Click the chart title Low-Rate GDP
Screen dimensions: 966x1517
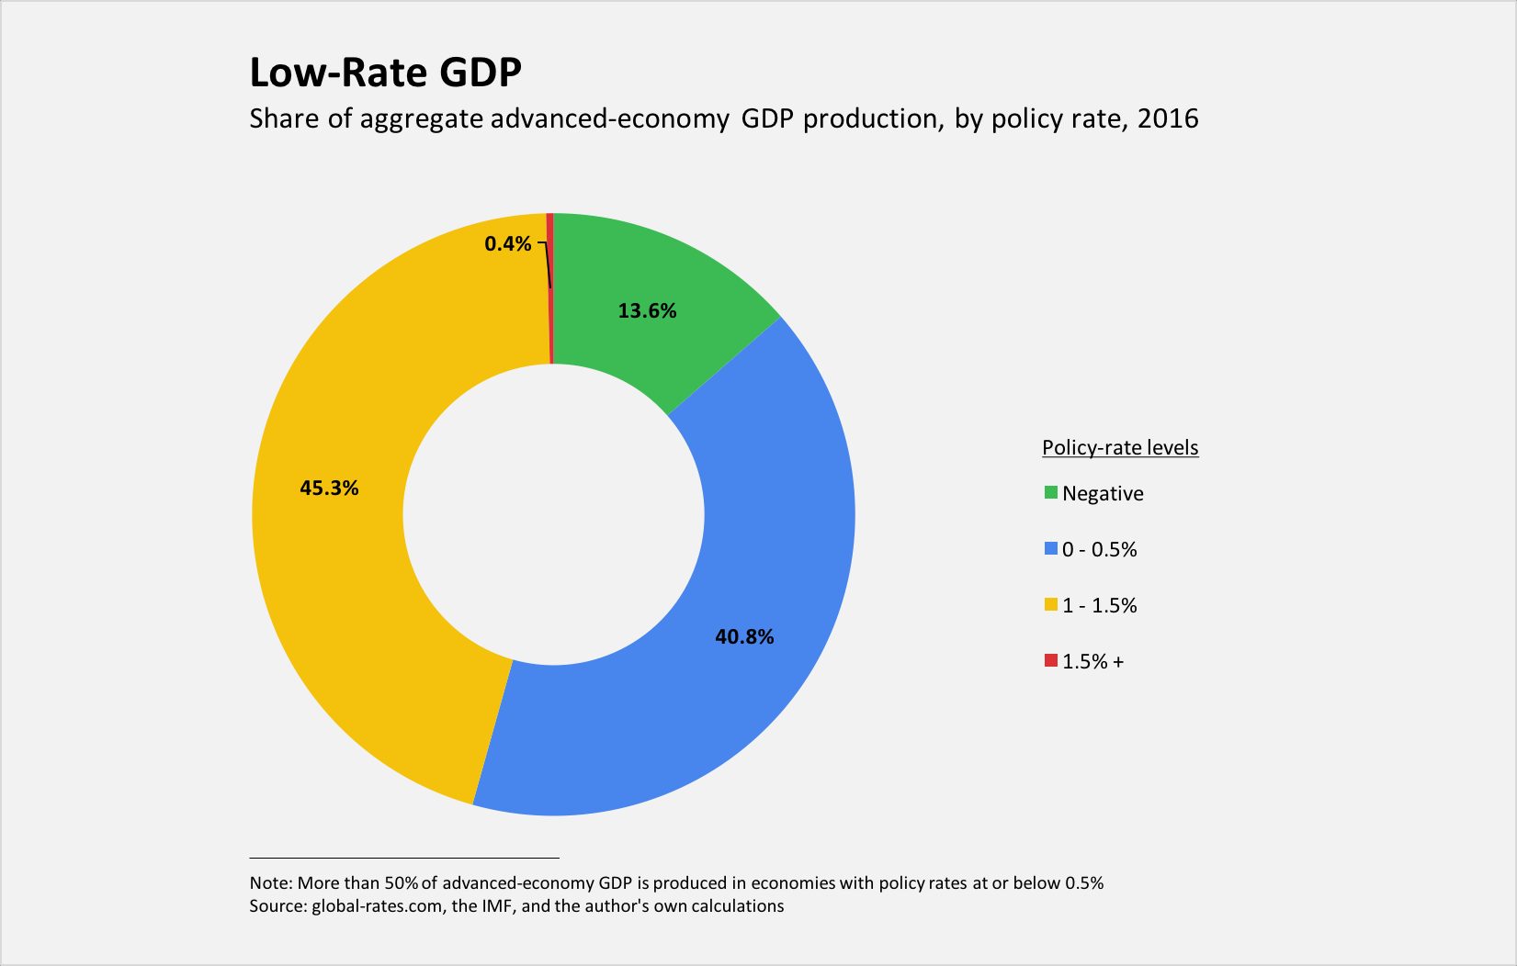click(385, 73)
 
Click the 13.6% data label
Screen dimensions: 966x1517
click(647, 311)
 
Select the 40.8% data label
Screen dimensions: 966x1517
click(744, 637)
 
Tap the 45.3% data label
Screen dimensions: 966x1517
click(329, 489)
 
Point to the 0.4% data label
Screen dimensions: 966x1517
click(508, 244)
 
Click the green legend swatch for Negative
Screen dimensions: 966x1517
click(1050, 493)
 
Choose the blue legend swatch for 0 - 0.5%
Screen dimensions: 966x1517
click(1050, 549)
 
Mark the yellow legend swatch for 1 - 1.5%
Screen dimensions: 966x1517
click(1050, 605)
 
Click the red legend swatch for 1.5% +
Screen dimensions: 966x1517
click(1050, 661)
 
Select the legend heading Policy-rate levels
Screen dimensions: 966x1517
click(1120, 448)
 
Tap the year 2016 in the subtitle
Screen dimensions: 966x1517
click(1168, 119)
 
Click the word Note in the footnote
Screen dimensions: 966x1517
click(268, 883)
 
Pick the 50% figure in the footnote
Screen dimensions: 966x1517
click(402, 883)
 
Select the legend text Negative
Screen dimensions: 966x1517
click(1103, 494)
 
